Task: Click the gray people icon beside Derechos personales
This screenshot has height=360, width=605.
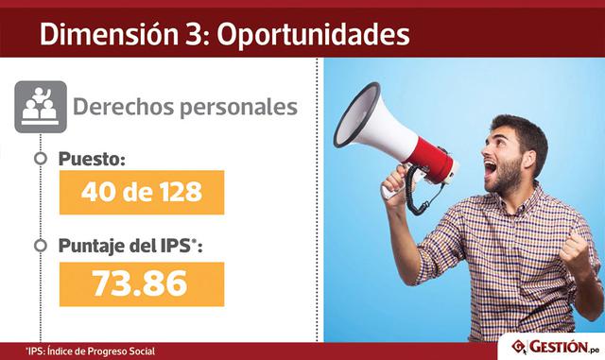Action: point(42,106)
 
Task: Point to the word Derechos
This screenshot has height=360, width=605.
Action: point(123,106)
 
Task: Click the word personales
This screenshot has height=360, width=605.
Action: point(235,106)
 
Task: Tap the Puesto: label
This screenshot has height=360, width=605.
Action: point(92,159)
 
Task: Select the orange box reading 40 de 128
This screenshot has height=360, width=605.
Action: point(142,192)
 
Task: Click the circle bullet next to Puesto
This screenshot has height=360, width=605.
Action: point(40,159)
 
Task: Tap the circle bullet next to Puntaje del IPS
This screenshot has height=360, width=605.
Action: point(40,247)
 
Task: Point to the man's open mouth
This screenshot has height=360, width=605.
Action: point(492,170)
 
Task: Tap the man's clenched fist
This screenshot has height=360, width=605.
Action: point(575,248)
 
